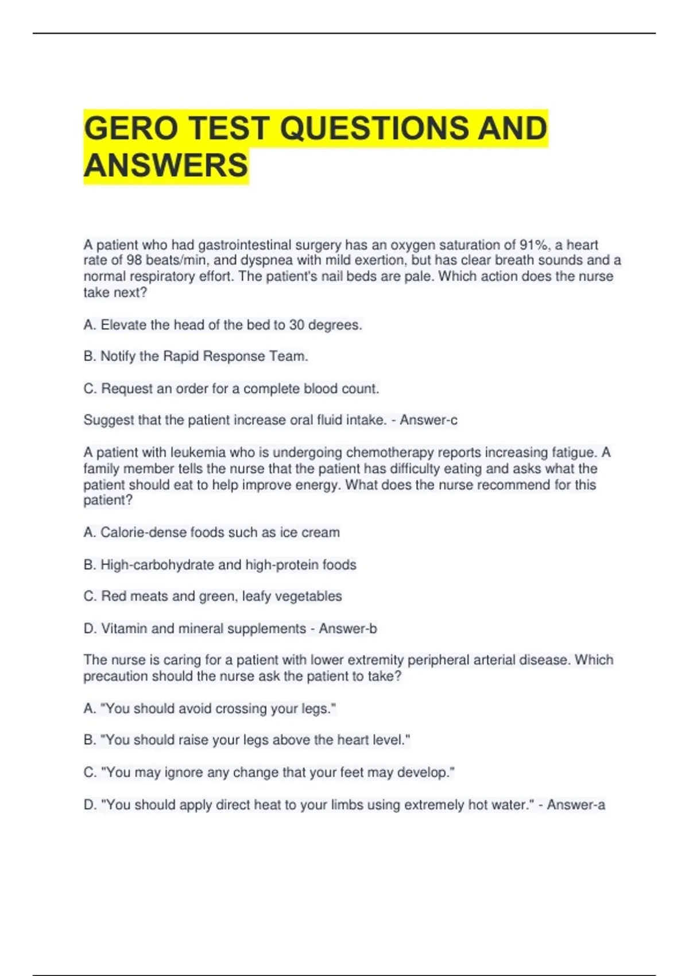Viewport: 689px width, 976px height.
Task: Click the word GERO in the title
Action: pyautogui.click(x=131, y=128)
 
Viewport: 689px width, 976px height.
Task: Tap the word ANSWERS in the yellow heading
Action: pyautogui.click(x=166, y=165)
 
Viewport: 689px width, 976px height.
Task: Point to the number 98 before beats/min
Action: pyautogui.click(x=134, y=260)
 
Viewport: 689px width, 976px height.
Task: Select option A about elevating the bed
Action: pyautogui.click(x=223, y=325)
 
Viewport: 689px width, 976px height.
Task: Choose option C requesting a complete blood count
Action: pyautogui.click(x=231, y=389)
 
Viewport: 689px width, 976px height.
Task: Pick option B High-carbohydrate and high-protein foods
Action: pyautogui.click(x=220, y=565)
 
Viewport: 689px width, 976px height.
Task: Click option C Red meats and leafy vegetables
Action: pyautogui.click(x=212, y=597)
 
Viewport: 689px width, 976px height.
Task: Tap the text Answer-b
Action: pyautogui.click(x=348, y=629)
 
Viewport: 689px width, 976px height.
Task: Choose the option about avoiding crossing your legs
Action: pyautogui.click(x=210, y=708)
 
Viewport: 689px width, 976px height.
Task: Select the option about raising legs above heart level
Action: pyautogui.click(x=247, y=740)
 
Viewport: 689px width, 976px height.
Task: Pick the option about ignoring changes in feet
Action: pyautogui.click(x=269, y=773)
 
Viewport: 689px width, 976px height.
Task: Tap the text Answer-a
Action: pyautogui.click(x=576, y=805)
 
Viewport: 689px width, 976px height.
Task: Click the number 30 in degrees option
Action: pyautogui.click(x=296, y=325)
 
